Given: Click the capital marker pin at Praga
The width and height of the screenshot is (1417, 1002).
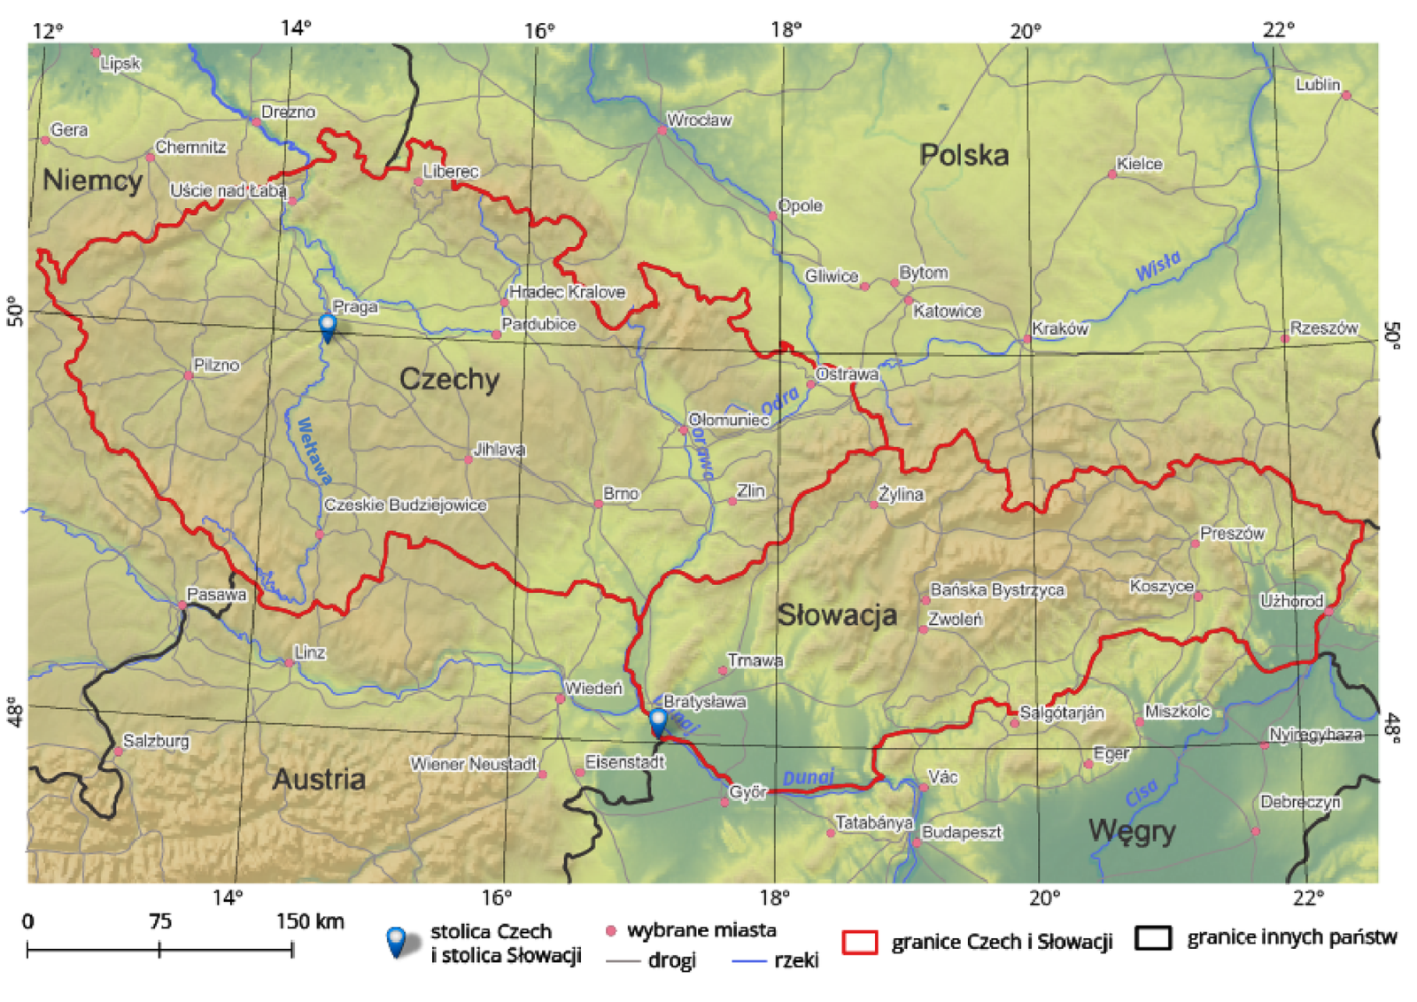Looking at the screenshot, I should [327, 327].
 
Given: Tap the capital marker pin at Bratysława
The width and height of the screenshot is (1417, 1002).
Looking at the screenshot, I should [657, 721].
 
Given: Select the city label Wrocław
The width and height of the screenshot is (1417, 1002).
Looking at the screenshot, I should [699, 119].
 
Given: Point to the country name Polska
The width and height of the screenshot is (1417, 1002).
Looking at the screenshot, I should [964, 156].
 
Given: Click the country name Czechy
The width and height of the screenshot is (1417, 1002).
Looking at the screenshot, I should [449, 380].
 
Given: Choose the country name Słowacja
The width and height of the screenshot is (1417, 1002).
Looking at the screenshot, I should [837, 615].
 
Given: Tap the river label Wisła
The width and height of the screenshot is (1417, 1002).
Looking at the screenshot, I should [1158, 266].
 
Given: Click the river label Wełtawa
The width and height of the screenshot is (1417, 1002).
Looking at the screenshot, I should [314, 451].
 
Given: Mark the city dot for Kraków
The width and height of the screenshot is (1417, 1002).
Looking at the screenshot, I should [1027, 339].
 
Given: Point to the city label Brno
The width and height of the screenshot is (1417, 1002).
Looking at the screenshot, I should [620, 493].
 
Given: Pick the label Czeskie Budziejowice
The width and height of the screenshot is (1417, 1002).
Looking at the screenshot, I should [405, 505].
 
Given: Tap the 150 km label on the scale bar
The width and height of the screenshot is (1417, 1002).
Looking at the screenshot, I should [309, 921].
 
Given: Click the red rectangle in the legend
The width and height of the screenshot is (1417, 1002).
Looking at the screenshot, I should [859, 942].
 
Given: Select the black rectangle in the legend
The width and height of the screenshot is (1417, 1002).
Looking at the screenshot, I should [1154, 938].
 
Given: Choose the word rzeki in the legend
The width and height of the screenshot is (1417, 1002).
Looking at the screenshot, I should [795, 960].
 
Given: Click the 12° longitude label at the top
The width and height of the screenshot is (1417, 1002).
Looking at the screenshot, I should [48, 31].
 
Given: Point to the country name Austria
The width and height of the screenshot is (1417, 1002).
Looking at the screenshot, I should [319, 779].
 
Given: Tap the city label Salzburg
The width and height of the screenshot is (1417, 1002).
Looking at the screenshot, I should [156, 741].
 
